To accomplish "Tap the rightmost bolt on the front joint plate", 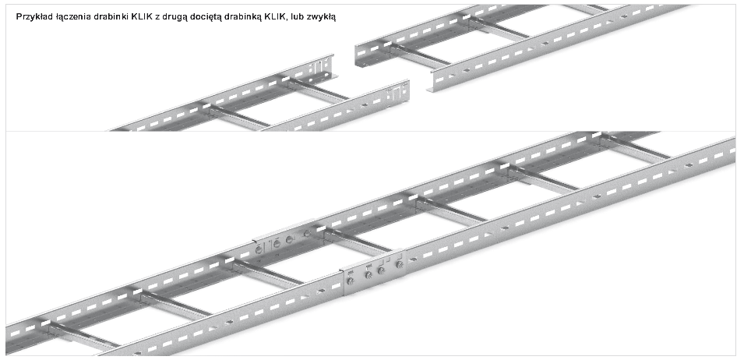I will [399, 265].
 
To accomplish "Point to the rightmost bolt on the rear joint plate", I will [305, 233].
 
